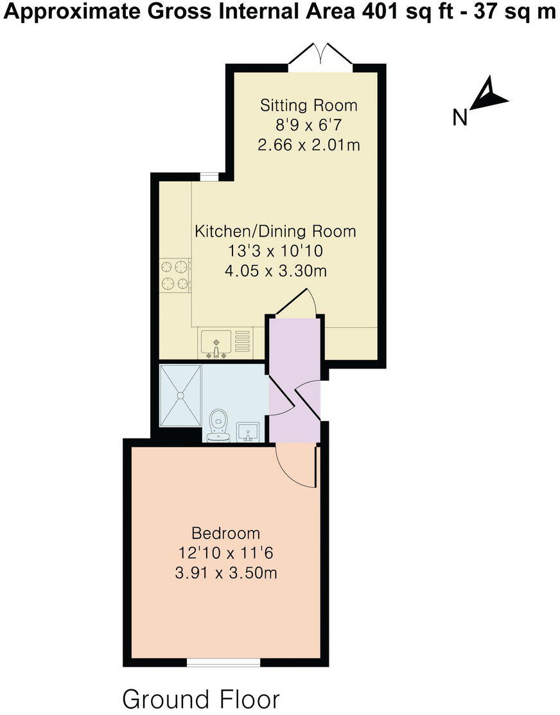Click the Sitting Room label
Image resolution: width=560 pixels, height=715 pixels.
(x=308, y=105)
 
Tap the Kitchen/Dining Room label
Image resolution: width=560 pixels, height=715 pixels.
(x=275, y=231)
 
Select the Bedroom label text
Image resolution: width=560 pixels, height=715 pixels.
(x=226, y=533)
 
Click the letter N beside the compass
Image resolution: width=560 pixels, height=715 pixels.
(x=460, y=118)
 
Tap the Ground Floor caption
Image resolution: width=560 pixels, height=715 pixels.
(x=201, y=699)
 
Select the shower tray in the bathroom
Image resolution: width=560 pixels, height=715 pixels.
(x=180, y=395)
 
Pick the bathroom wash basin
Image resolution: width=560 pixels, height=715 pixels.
(x=249, y=431)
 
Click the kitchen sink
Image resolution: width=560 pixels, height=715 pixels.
(x=217, y=342)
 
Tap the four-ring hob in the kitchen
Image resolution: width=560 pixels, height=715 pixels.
(x=175, y=275)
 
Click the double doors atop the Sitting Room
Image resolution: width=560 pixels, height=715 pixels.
(x=320, y=54)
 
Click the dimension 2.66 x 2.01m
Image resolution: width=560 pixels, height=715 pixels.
(x=308, y=145)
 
